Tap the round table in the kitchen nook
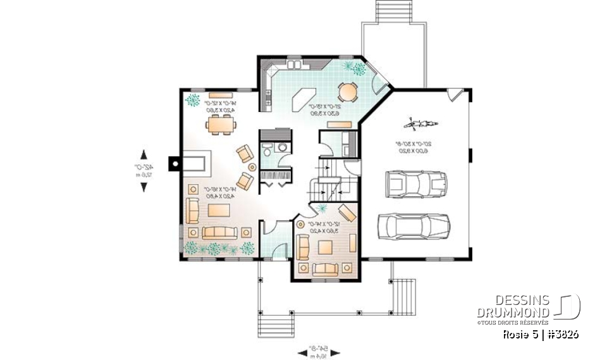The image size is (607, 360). click(348, 92)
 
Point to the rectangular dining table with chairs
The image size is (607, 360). click(221, 125)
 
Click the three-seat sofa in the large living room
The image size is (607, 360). click(219, 232)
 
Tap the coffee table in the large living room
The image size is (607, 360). click(218, 211)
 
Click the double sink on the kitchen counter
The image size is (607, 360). click(295, 65)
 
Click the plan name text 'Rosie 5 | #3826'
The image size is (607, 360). click(541, 334)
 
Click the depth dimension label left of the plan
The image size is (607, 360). click(138, 170)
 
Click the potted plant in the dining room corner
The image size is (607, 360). click(192, 100)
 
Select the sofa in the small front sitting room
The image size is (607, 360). click(326, 269)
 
